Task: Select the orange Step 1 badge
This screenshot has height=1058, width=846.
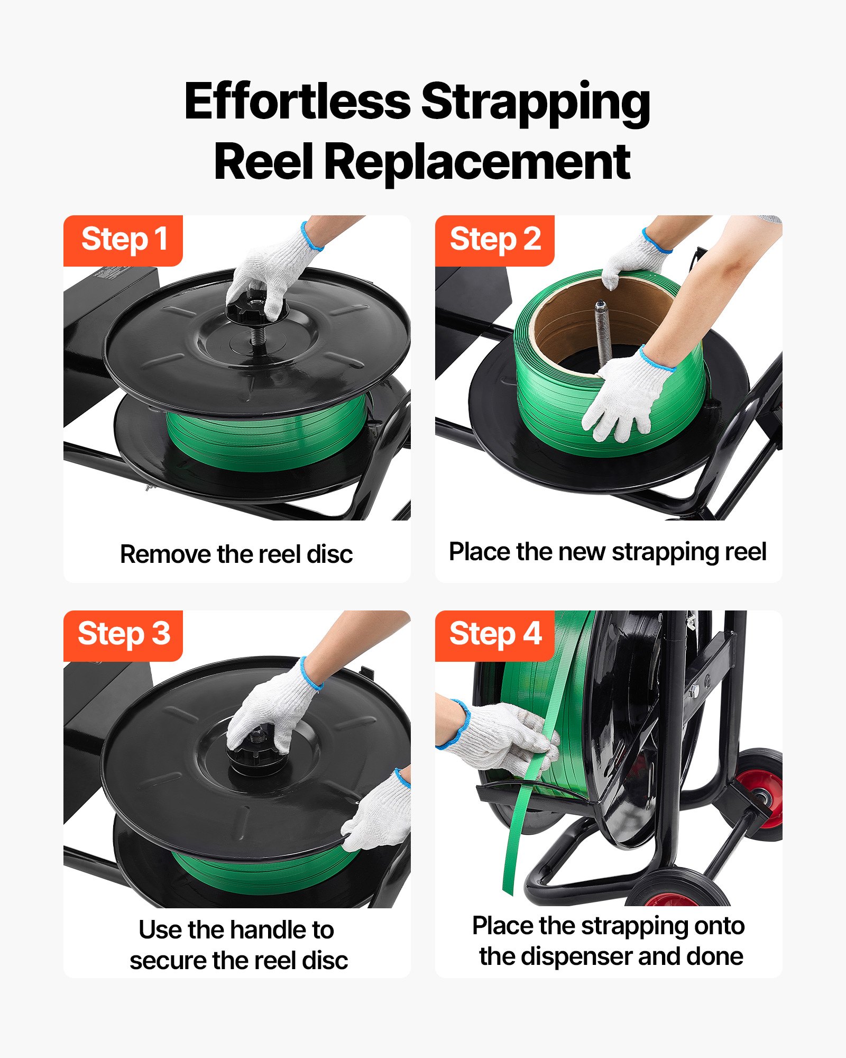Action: point(123,240)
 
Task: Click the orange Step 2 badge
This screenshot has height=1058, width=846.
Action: point(494,240)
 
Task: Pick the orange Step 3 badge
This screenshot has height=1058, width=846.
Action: point(123,634)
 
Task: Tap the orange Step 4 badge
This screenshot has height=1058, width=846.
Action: point(494,634)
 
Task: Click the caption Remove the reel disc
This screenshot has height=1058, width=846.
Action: point(236,554)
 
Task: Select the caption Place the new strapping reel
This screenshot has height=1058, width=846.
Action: point(608,552)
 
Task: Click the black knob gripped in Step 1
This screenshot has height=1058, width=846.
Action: point(249,309)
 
